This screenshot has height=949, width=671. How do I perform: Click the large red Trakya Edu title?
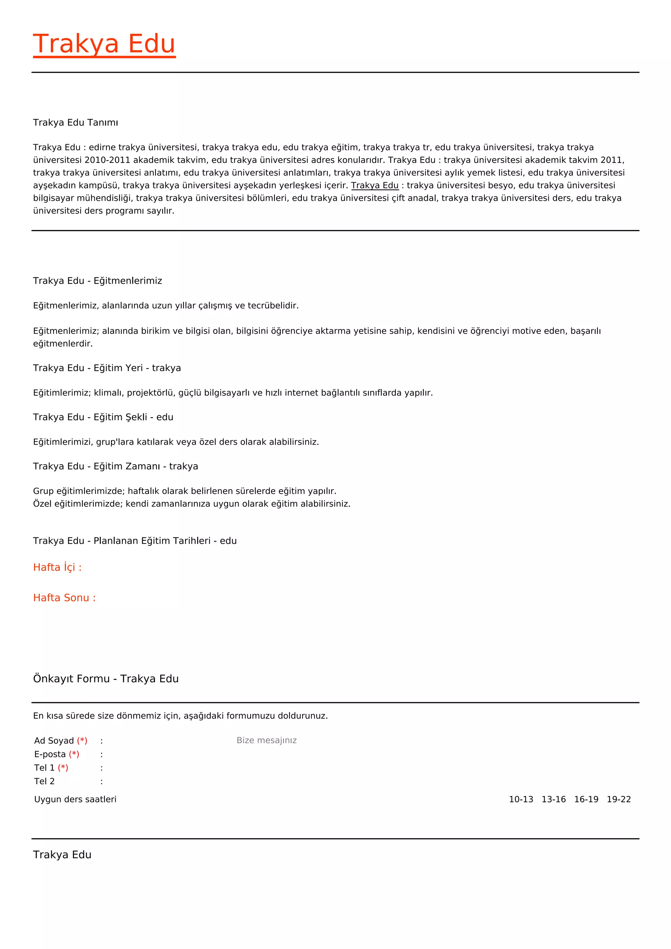(104, 44)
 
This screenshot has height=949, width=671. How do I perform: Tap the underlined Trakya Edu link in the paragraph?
(375, 185)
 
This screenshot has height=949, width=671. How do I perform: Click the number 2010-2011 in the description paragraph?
(107, 160)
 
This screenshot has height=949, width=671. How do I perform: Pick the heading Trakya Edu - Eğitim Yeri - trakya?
(107, 368)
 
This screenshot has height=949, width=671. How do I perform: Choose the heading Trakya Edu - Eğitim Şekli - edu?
(103, 417)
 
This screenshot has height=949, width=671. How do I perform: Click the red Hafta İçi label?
(57, 567)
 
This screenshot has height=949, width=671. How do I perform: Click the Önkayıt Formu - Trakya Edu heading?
(106, 679)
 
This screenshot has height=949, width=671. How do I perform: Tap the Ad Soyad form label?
(54, 741)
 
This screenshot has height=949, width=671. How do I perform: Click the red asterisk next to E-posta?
(74, 754)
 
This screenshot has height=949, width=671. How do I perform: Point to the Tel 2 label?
(44, 781)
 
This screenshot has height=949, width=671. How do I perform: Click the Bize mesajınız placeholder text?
(266, 740)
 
